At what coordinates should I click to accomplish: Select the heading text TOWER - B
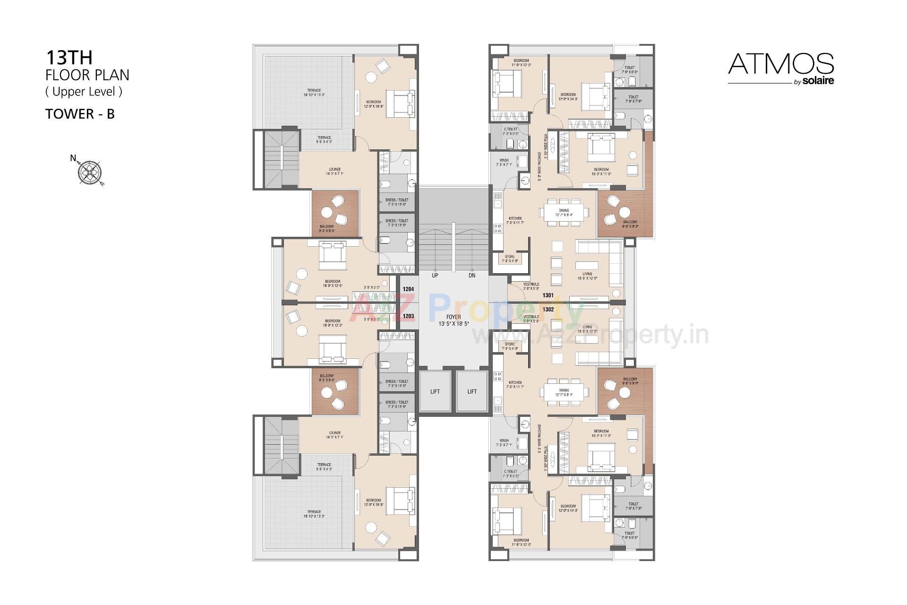coord(80,114)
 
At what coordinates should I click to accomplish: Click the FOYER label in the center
coord(453,317)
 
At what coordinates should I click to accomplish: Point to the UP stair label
coord(435,275)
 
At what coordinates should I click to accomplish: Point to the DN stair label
coord(471,275)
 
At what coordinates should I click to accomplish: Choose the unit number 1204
coord(408,289)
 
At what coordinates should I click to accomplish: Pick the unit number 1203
coord(408,316)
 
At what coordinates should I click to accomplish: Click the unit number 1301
coord(548,295)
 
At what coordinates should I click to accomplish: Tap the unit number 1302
coord(548,309)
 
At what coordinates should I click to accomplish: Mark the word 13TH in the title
coord(69,58)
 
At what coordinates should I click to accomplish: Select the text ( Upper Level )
coord(84,91)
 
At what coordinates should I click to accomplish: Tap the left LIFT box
coord(435,391)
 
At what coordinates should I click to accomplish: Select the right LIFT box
coord(472,391)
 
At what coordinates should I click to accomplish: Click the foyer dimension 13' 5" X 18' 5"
coord(453,324)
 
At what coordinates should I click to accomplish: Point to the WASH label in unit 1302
coord(504,440)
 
